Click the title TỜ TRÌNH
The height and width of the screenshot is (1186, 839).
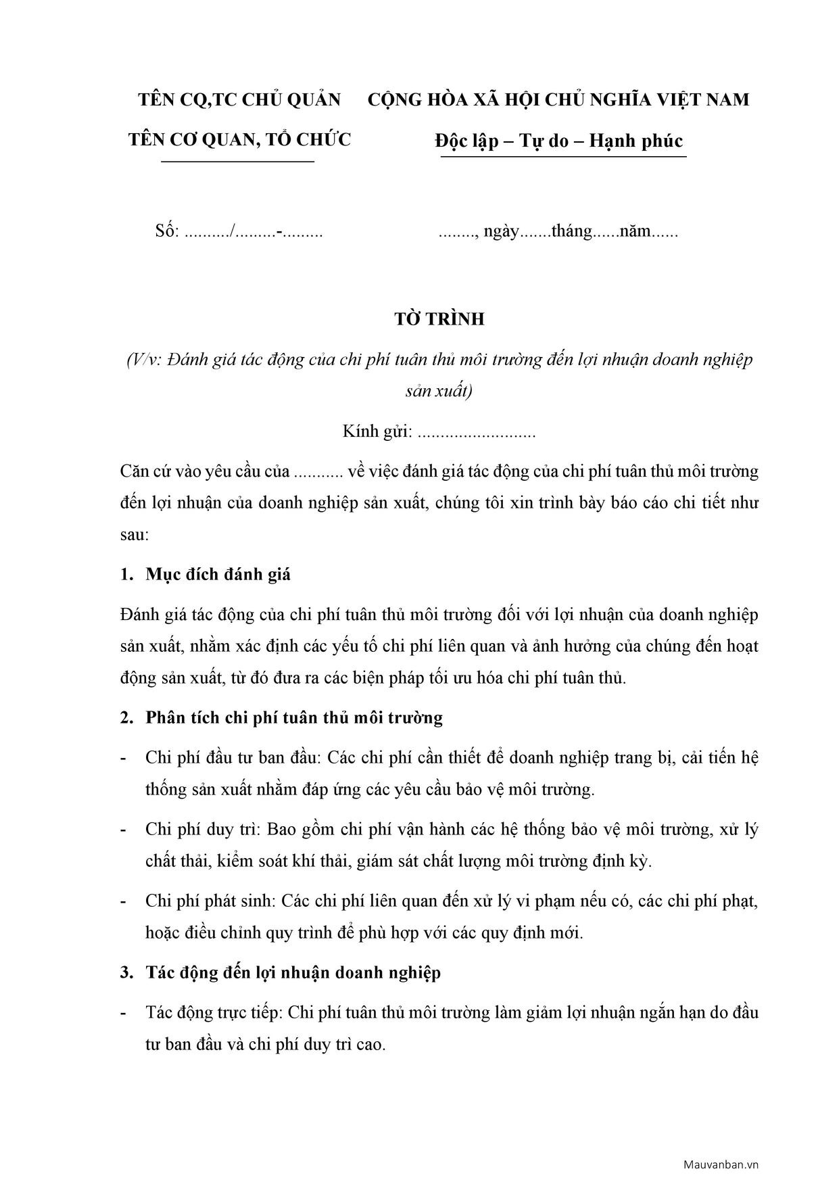tap(439, 319)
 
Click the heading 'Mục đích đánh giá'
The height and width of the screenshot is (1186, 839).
tap(218, 575)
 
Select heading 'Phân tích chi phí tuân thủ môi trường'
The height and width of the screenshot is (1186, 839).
tap(294, 717)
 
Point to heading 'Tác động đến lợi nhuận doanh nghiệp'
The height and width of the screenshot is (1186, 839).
tap(293, 973)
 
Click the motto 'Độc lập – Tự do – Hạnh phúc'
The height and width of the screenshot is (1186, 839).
tap(558, 141)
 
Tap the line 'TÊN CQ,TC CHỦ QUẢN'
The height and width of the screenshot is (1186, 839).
tap(239, 100)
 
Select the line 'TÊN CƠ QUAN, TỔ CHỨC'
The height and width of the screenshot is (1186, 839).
tap(239, 140)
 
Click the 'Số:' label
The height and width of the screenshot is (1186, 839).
tap(166, 232)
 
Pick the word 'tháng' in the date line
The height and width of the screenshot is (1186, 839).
tap(571, 232)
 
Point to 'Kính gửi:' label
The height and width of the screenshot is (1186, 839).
tap(377, 431)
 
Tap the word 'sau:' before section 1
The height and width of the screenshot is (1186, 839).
tap(134, 535)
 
